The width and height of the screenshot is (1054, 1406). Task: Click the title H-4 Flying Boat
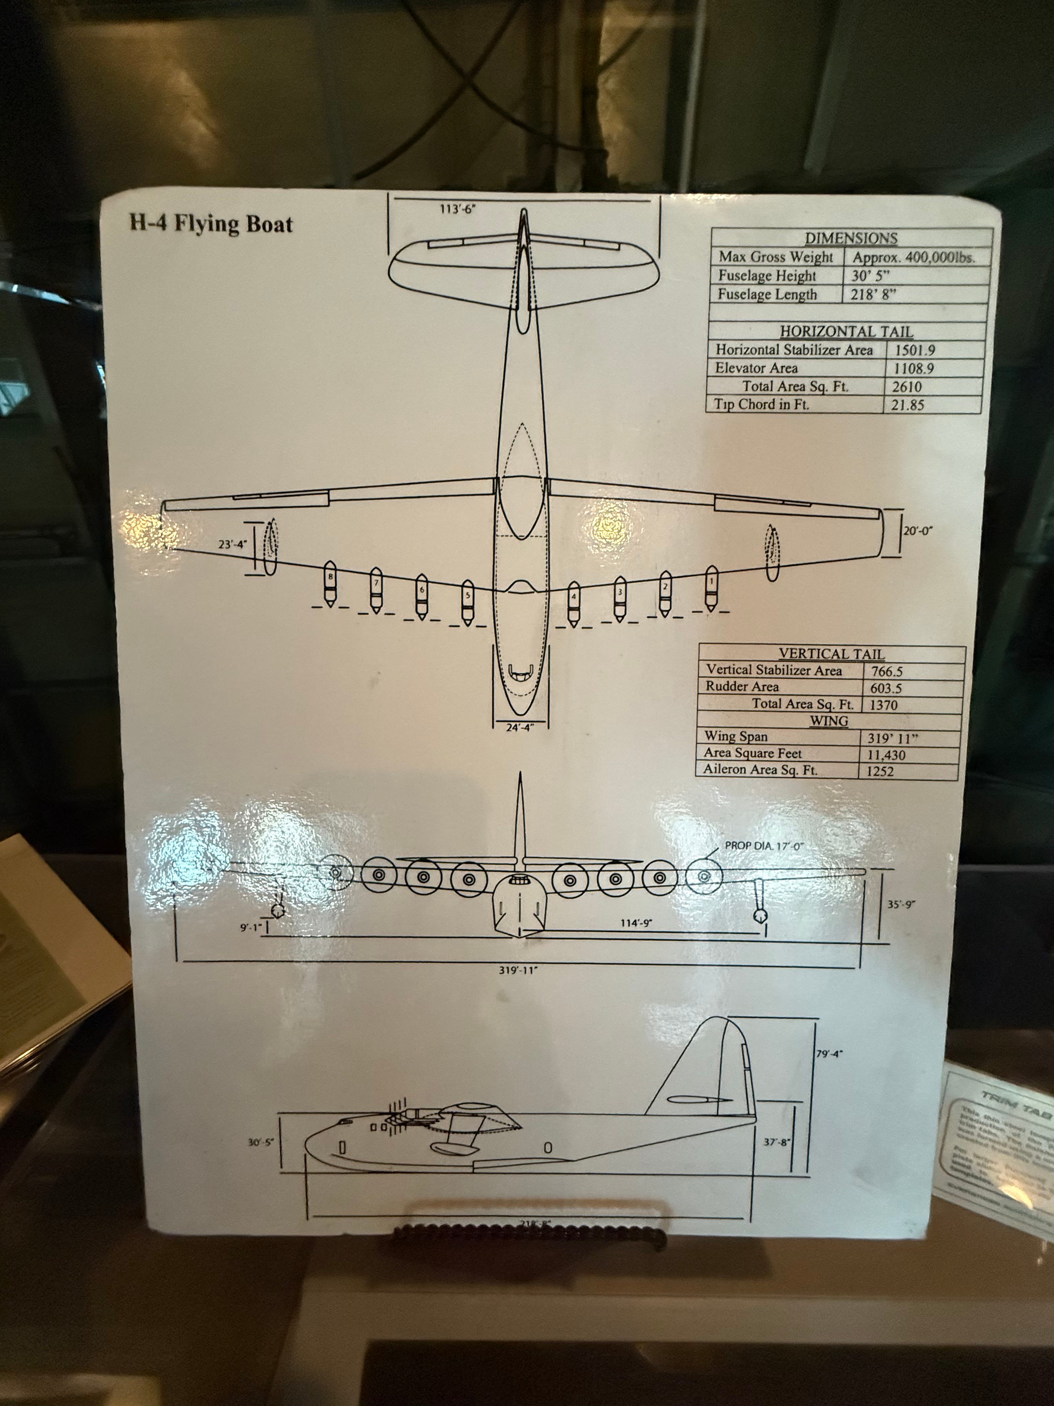click(211, 224)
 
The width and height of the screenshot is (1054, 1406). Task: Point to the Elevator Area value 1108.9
click(914, 368)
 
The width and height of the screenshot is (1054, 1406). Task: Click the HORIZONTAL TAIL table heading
click(846, 331)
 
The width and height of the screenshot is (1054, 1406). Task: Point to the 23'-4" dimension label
click(232, 544)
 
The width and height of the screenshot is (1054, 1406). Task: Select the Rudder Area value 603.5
click(886, 688)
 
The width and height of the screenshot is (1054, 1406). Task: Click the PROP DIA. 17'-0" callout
click(764, 846)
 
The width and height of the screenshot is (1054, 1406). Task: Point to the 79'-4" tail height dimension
click(829, 1054)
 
